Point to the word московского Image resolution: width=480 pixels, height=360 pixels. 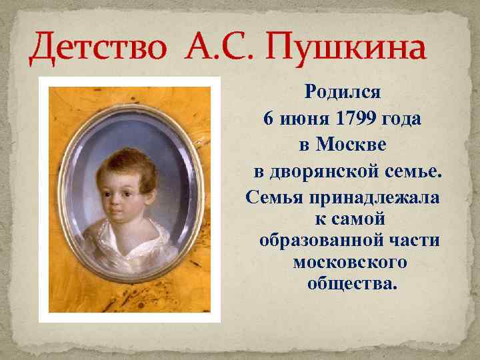pyautogui.click(x=350, y=262)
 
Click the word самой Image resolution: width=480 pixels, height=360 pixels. pyautogui.click(x=359, y=218)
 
